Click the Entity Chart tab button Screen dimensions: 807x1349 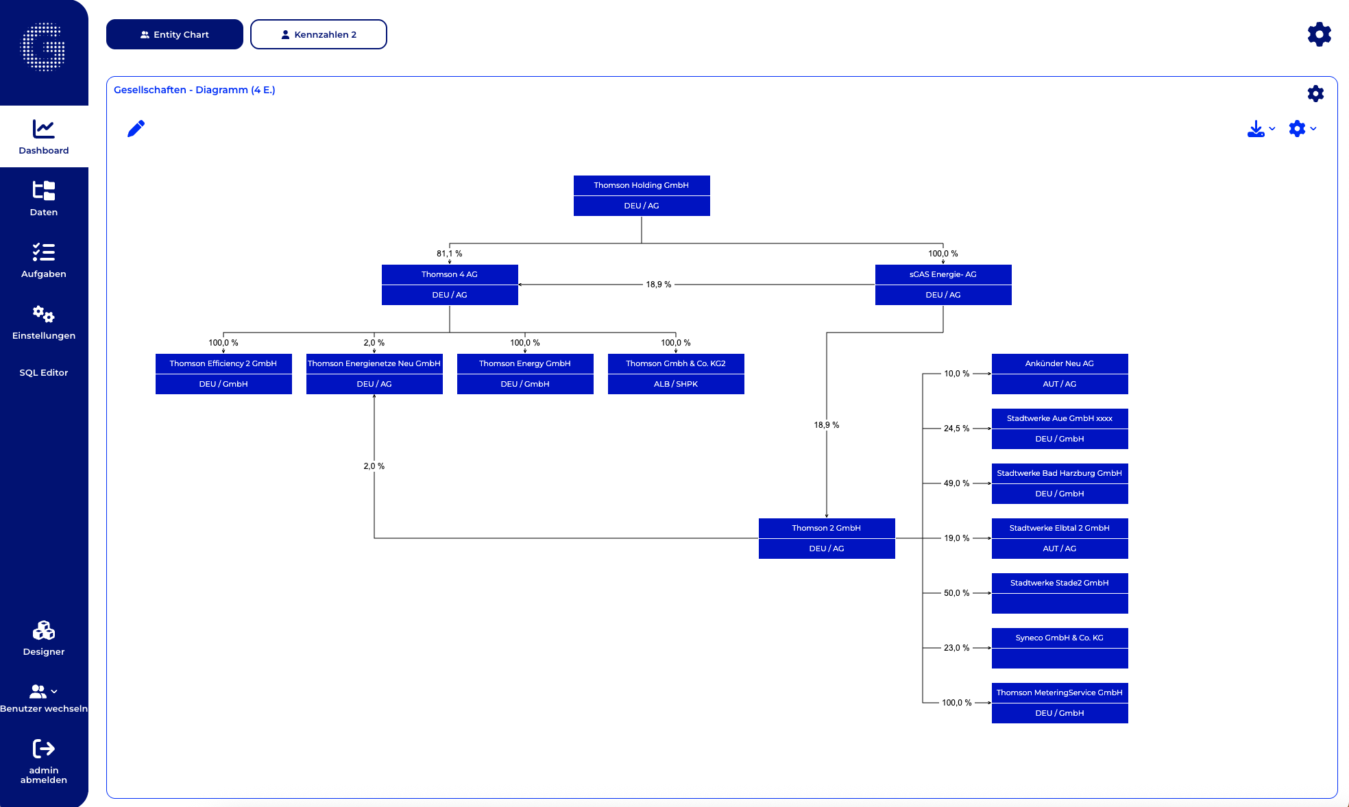(174, 34)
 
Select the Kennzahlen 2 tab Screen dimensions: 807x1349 (318, 34)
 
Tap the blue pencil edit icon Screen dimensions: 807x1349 (136, 128)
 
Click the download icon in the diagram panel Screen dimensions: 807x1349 (1255, 129)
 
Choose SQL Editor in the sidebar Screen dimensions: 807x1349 (44, 372)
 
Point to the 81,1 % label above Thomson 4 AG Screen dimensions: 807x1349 (449, 254)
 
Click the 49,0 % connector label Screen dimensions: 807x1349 (956, 483)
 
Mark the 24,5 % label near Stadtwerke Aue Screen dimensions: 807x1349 (956, 429)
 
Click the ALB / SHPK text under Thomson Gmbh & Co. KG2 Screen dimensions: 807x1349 (675, 384)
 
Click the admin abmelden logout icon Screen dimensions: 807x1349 (44, 749)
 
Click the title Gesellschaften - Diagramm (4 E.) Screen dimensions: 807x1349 (194, 90)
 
